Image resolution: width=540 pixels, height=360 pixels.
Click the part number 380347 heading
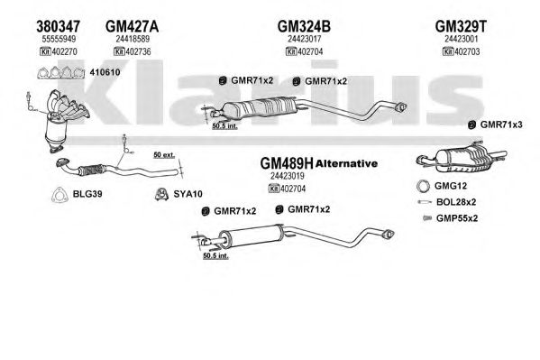59,26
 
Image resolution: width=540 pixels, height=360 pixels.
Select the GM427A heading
132,26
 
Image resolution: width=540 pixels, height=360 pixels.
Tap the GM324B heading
304,26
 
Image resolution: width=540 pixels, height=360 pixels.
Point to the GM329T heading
462,26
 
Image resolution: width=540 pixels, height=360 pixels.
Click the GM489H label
287,163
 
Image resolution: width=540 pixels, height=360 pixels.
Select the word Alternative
346,163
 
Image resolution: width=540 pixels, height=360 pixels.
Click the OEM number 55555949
59,39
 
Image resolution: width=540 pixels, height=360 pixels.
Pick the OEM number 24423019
288,176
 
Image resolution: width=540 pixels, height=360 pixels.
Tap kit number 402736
138,51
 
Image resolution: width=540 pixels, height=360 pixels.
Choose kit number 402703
467,51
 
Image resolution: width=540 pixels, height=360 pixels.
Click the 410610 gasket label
105,72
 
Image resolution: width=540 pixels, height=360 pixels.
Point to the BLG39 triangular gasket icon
59,195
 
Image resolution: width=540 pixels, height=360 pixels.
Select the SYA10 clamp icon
161,194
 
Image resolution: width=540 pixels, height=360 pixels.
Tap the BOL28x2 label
456,202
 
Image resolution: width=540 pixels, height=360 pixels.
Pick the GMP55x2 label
457,218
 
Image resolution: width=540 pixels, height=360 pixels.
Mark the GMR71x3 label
501,125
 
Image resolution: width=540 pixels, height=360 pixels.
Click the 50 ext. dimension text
164,155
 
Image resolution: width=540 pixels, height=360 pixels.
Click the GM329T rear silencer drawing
462,158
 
